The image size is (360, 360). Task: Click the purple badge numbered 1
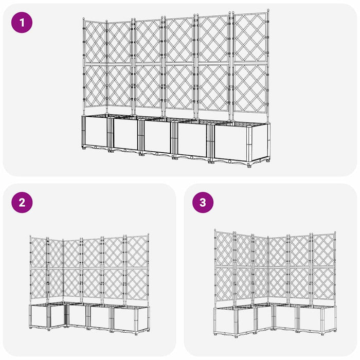pyautogui.click(x=22, y=23)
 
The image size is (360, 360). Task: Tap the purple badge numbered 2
pyautogui.click(x=22, y=202)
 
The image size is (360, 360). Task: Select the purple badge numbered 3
pyautogui.click(x=203, y=202)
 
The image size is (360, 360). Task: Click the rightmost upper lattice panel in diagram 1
pyautogui.click(x=250, y=37)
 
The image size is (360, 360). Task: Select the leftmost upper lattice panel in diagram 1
pyautogui.click(x=95, y=42)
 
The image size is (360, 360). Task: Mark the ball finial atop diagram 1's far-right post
pyautogui.click(x=268, y=10)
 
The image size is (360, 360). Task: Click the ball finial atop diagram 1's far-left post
pyautogui.click(x=83, y=19)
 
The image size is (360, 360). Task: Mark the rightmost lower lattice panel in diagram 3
pyautogui.click(x=324, y=283)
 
